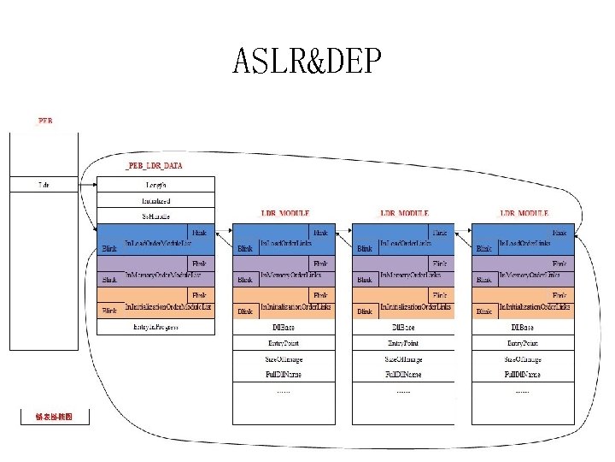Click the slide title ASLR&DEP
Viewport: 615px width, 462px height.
(307, 62)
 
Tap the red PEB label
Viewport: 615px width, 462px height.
(44, 121)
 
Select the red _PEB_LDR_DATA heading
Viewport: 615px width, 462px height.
(154, 165)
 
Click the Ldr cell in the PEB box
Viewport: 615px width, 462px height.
(44, 184)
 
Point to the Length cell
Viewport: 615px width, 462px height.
(155, 184)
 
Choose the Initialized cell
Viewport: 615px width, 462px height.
(155, 200)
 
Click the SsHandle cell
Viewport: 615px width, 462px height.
(155, 216)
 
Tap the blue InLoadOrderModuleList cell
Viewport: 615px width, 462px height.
(155, 240)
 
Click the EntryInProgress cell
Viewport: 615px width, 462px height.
(155, 327)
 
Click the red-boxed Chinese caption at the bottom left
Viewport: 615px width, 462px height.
(53, 417)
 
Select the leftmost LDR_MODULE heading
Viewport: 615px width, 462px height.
(284, 213)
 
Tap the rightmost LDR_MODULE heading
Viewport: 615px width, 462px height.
(524, 213)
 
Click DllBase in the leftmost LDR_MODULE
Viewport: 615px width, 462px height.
(284, 327)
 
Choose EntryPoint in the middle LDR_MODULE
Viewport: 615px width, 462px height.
(403, 343)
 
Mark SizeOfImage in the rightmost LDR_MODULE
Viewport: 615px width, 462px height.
(522, 359)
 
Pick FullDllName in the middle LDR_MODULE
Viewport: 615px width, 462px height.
(403, 375)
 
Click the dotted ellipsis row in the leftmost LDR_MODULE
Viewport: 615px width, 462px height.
(284, 391)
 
